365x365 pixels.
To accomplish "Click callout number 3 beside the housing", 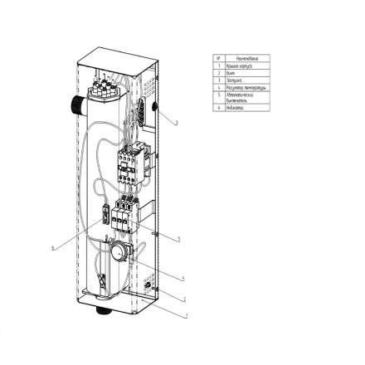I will coord(177,122).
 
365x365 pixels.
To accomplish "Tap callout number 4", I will coord(182,277).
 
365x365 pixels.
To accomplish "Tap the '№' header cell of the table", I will coord(219,59).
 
